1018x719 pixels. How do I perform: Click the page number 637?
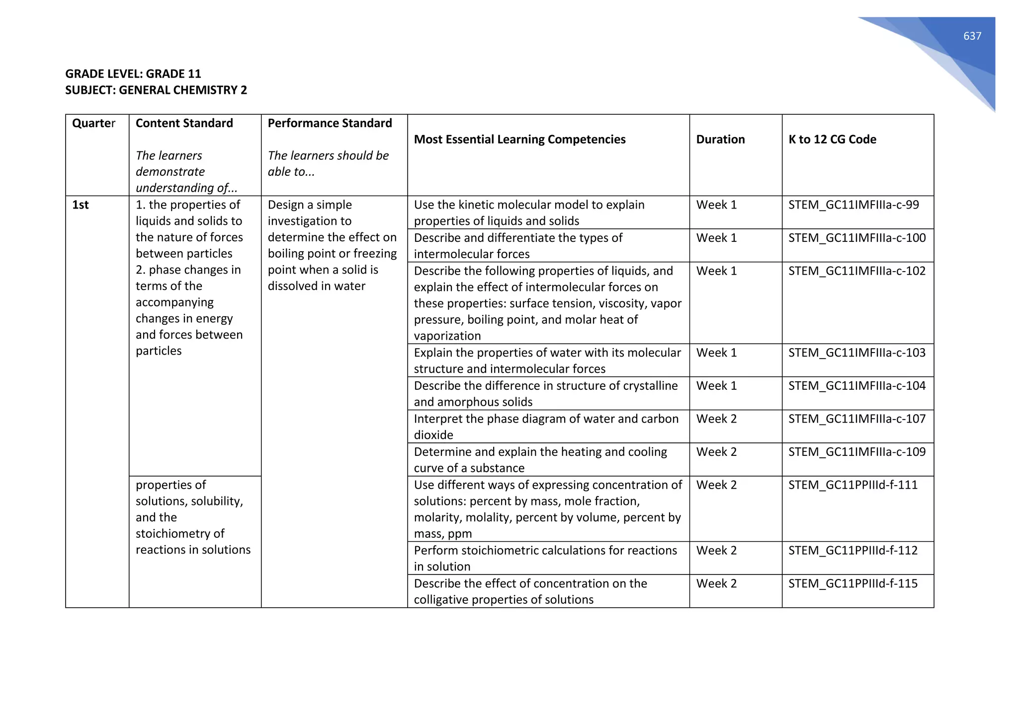[x=972, y=36]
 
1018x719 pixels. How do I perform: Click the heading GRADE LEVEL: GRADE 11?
[x=133, y=74]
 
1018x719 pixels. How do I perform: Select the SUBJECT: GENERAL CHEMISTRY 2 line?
[x=156, y=90]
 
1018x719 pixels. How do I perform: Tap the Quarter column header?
[x=93, y=123]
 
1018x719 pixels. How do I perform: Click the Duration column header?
[x=720, y=140]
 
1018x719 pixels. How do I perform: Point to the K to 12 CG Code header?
[x=832, y=140]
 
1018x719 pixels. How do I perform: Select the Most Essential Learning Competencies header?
[x=519, y=140]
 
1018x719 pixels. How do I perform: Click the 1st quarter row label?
[x=81, y=205]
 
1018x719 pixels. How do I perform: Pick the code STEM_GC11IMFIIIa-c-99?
[x=853, y=205]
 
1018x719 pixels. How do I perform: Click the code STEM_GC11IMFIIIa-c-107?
[x=857, y=419]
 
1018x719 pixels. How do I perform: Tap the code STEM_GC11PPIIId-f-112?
[x=853, y=551]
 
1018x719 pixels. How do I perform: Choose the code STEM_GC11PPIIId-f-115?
[x=853, y=583]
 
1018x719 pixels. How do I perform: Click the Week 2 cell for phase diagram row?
[x=716, y=419]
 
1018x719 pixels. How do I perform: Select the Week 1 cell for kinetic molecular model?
[x=716, y=205]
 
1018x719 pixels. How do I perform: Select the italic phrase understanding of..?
[x=186, y=188]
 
